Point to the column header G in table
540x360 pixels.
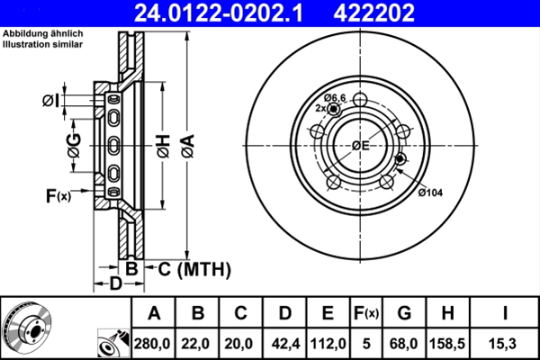click(406, 312)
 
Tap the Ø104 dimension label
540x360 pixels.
click(431, 191)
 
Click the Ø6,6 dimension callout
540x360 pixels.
click(336, 97)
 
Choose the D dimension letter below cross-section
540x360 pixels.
click(114, 285)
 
